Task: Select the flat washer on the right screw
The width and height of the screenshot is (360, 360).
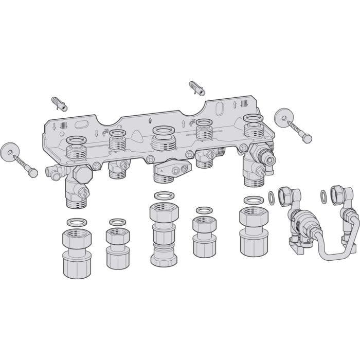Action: [284, 116]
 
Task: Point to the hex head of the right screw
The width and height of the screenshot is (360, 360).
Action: [308, 139]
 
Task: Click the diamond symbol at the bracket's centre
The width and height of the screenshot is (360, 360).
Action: [150, 121]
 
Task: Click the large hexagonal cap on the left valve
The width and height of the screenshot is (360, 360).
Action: [82, 175]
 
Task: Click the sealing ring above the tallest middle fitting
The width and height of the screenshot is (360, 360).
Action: [164, 195]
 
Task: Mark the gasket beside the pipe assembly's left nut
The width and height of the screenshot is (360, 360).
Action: [271, 197]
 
